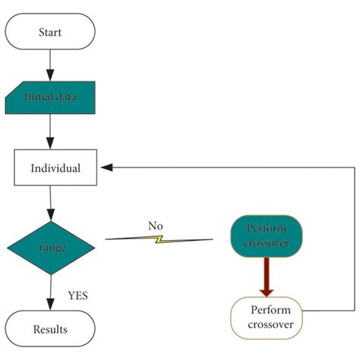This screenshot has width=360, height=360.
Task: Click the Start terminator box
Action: pos(50,33)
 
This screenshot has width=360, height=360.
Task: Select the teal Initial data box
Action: pos(50,97)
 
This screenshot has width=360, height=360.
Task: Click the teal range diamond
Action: pos(50,247)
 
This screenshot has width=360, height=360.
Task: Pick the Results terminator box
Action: pos(50,329)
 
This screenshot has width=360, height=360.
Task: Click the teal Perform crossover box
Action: pos(267,236)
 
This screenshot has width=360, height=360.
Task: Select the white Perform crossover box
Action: pos(267,317)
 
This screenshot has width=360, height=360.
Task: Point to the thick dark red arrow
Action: pos(267,276)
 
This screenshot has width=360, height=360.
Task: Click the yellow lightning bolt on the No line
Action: pos(159,239)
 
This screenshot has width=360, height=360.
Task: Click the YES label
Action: pos(77,295)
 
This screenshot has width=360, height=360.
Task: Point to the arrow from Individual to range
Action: pos(50,202)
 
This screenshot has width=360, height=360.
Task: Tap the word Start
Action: pos(50,33)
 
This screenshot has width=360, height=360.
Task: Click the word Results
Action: pos(50,329)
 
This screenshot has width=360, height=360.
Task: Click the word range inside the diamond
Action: pos(50,248)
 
